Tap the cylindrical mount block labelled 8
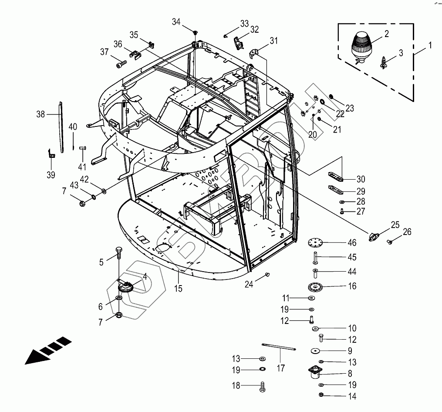pos(314,372)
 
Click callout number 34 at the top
pos(175,21)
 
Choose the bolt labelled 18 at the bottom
pos(263,386)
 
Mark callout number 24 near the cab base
pos(249,284)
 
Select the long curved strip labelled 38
pos(61,126)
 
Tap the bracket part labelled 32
pos(238,43)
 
